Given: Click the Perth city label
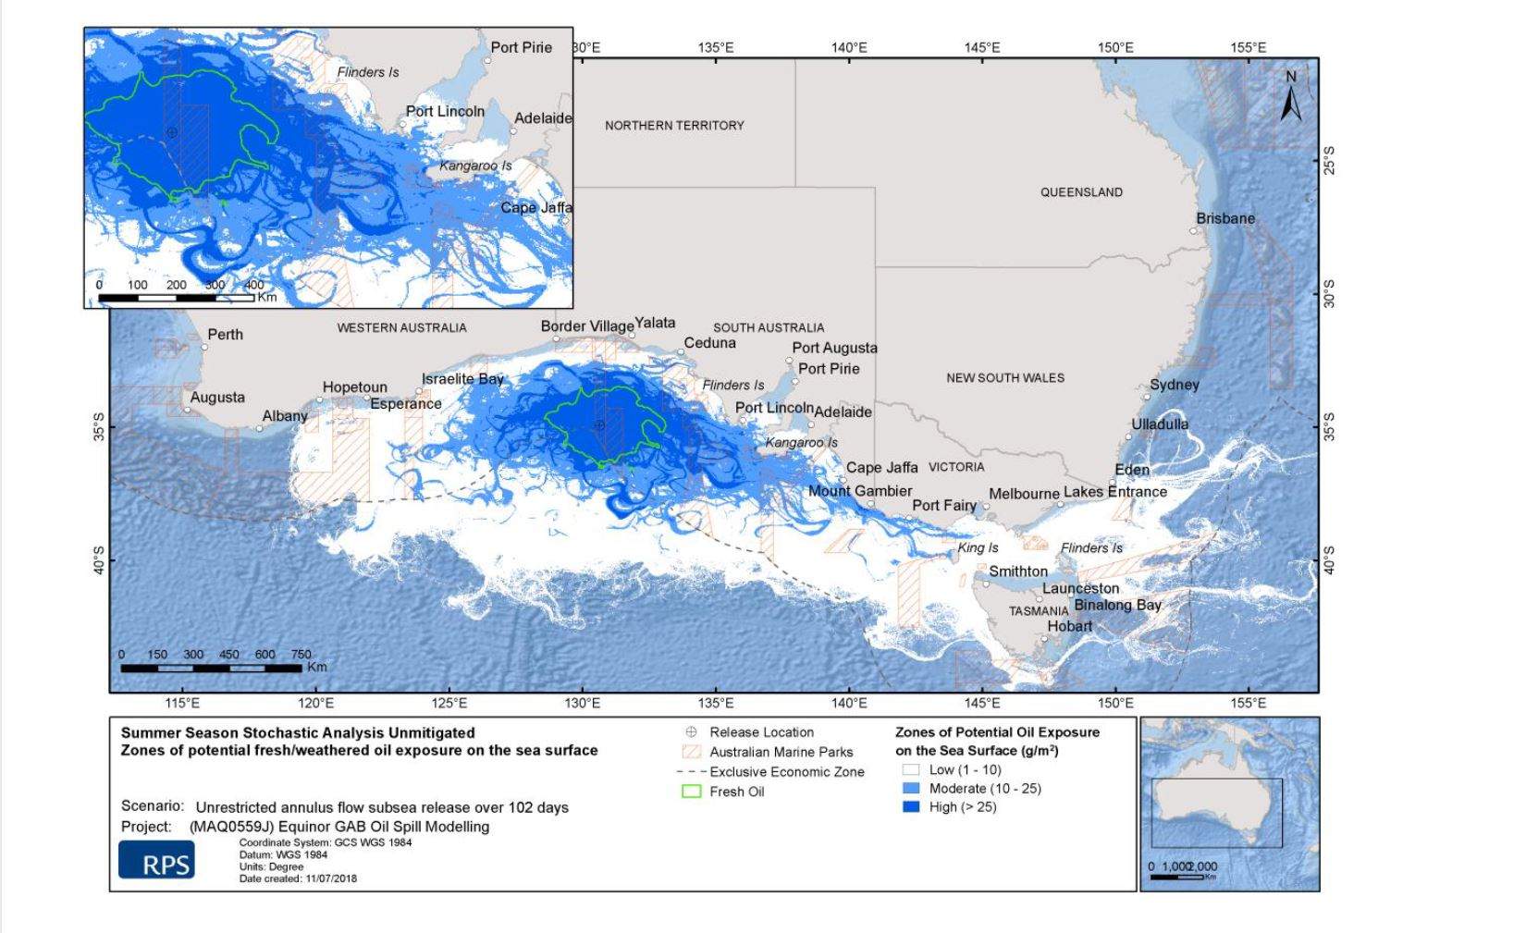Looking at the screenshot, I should point(225,335).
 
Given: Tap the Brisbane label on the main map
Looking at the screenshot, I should point(1225,219).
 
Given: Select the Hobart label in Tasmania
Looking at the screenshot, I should point(1069,626).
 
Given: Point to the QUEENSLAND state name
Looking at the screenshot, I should point(1081,192).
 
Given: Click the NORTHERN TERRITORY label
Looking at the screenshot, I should point(674,126).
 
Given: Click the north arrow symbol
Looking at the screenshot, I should point(1291,98).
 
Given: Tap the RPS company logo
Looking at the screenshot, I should point(156,860).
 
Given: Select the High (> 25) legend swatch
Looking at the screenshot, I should point(911,807).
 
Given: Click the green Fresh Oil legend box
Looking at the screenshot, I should point(691,792).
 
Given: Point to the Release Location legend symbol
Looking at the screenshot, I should point(691,732).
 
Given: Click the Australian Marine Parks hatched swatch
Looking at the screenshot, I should point(691,752).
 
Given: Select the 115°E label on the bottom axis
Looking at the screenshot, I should point(183,704).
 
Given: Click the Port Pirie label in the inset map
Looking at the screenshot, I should point(521,47).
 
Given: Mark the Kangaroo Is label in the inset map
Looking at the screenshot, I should point(475,166).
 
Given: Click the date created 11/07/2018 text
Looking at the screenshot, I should point(298,878).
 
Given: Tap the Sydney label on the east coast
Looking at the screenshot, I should point(1174,385).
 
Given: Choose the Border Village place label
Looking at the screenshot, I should point(587,326).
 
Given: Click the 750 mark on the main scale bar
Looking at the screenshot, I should point(302,655).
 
